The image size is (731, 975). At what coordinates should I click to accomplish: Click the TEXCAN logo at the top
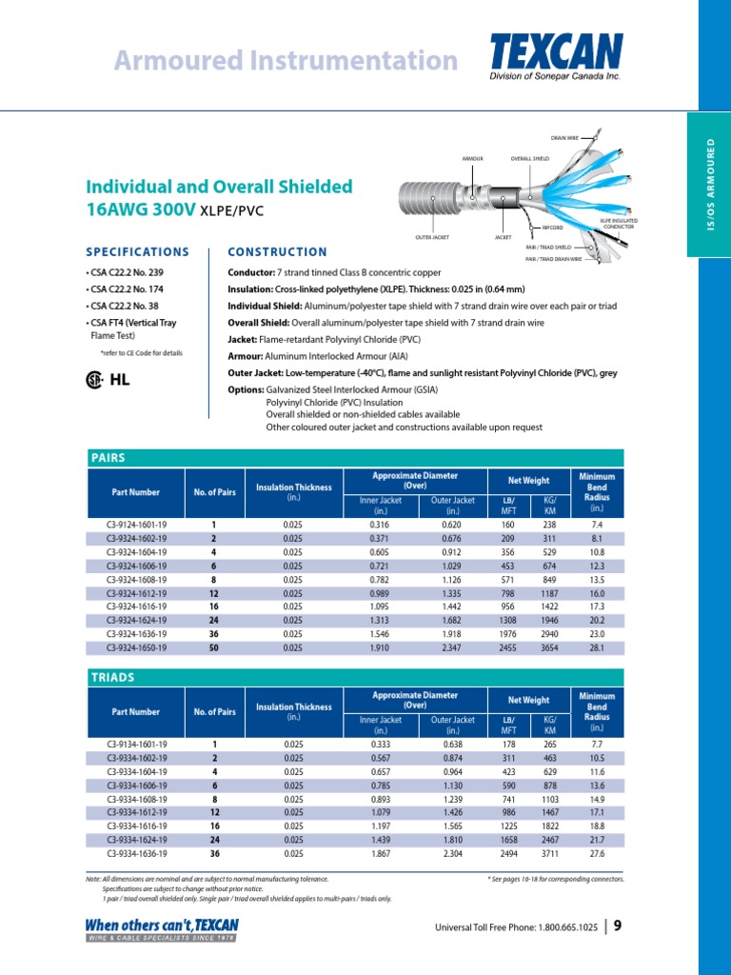pyautogui.click(x=557, y=53)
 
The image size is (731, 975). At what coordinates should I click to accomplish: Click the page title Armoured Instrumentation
pyautogui.click(x=286, y=61)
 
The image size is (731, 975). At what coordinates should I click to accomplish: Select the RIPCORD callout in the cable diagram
pyautogui.click(x=553, y=229)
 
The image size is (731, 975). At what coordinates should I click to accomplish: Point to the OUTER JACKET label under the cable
pyautogui.click(x=432, y=236)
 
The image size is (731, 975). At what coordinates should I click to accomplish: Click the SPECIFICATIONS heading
pyautogui.click(x=137, y=252)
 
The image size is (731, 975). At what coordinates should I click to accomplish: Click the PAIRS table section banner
pyautogui.click(x=354, y=457)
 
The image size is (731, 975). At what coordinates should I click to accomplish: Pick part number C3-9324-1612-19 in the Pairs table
pyautogui.click(x=137, y=592)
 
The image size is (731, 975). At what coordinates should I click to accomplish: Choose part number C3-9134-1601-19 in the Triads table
pyautogui.click(x=137, y=744)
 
